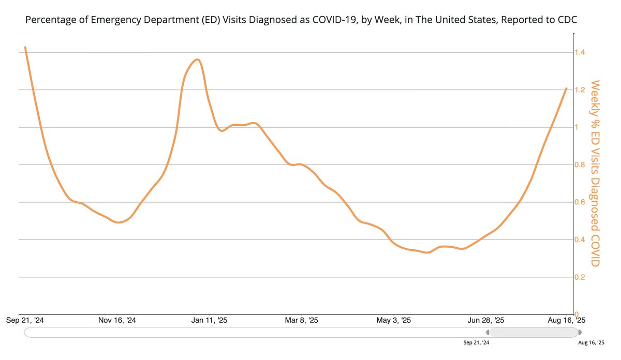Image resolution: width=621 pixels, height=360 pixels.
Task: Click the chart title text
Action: (x=301, y=20)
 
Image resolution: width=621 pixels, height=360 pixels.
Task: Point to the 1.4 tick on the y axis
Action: (x=580, y=52)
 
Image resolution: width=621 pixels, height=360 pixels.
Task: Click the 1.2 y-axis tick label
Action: (x=580, y=90)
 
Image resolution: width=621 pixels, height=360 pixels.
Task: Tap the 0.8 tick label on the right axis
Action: (x=580, y=165)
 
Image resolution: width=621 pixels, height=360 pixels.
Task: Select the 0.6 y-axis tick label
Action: (x=580, y=202)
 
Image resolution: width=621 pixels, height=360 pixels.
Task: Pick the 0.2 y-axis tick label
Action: (x=580, y=277)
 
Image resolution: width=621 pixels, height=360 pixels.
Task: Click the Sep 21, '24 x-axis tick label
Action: (x=25, y=321)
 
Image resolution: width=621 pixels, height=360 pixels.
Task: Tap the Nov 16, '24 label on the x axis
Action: (x=117, y=321)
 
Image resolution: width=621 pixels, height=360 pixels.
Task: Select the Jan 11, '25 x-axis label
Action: (x=209, y=321)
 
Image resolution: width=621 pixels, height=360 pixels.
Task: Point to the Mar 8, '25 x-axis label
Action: (x=302, y=321)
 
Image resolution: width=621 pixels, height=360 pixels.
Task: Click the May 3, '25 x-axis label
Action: (x=394, y=321)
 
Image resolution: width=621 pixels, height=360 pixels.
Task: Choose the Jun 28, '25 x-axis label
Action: (x=486, y=321)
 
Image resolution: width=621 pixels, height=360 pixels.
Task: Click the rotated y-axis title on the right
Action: (x=595, y=173)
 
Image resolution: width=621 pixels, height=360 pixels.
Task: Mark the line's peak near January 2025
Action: (x=197, y=59)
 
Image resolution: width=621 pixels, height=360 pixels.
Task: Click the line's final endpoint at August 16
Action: (x=567, y=88)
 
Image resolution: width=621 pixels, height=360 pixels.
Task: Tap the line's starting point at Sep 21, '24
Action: (x=25, y=47)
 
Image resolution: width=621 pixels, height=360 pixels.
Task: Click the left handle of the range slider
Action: (x=488, y=332)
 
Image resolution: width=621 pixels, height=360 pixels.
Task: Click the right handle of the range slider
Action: (x=580, y=332)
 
